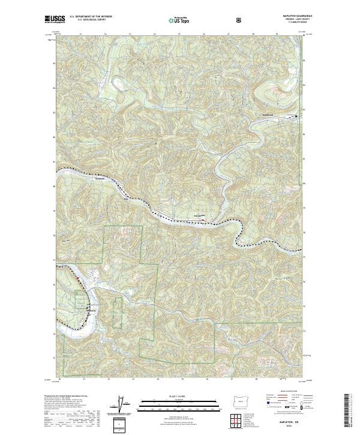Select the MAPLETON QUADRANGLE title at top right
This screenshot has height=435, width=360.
[x=292, y=16]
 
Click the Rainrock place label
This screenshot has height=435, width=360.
[x=100, y=178]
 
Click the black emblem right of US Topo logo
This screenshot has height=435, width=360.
[x=239, y=19]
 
